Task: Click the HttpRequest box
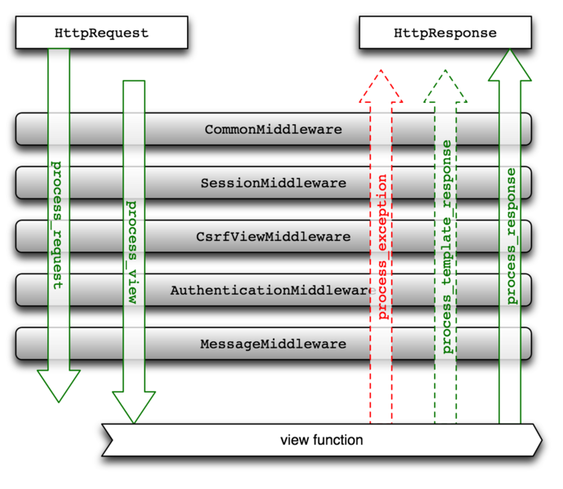(101, 33)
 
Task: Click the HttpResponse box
(445, 33)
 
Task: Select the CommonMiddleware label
(273, 129)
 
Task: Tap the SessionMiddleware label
(273, 183)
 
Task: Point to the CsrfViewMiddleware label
(273, 237)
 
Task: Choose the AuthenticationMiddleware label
(273, 290)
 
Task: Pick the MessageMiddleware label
(273, 344)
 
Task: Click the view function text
(321, 440)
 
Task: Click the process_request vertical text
(58, 224)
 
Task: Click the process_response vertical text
(511, 237)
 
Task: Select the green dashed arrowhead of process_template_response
(445, 87)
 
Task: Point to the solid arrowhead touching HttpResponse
(510, 65)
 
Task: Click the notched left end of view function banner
(107, 440)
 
